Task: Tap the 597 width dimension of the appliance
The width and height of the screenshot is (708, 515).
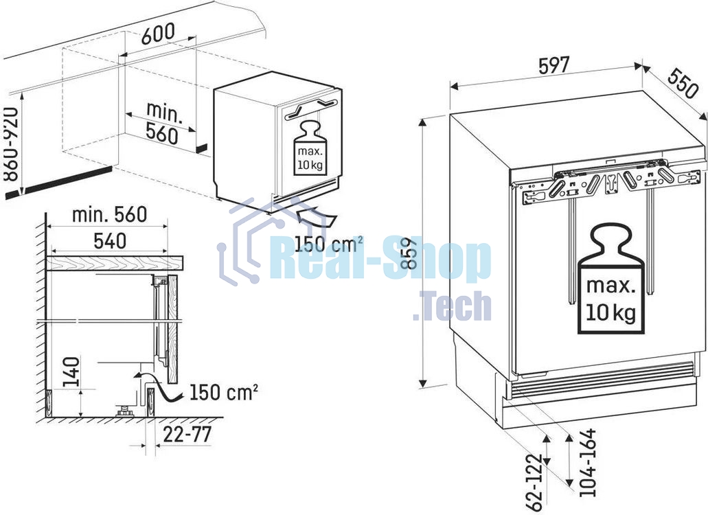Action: [554, 66]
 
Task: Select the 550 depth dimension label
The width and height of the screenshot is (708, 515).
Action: [683, 83]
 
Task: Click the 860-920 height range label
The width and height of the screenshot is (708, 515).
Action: [10, 144]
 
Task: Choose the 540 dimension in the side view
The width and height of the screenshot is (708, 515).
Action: [110, 241]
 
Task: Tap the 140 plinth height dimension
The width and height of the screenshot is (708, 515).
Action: [71, 372]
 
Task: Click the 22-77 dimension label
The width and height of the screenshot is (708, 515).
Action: [187, 434]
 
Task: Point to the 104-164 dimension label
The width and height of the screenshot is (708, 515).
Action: [587, 463]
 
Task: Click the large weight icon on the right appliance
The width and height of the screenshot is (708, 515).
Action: [611, 280]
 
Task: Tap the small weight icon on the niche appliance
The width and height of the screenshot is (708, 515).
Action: [310, 148]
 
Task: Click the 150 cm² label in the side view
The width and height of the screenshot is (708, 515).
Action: [223, 392]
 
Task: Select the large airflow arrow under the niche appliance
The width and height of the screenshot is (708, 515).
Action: [317, 216]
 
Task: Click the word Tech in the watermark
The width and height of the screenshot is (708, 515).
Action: [452, 306]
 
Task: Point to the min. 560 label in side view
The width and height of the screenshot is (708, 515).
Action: [110, 214]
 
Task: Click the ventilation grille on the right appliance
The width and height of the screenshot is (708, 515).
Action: [601, 380]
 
